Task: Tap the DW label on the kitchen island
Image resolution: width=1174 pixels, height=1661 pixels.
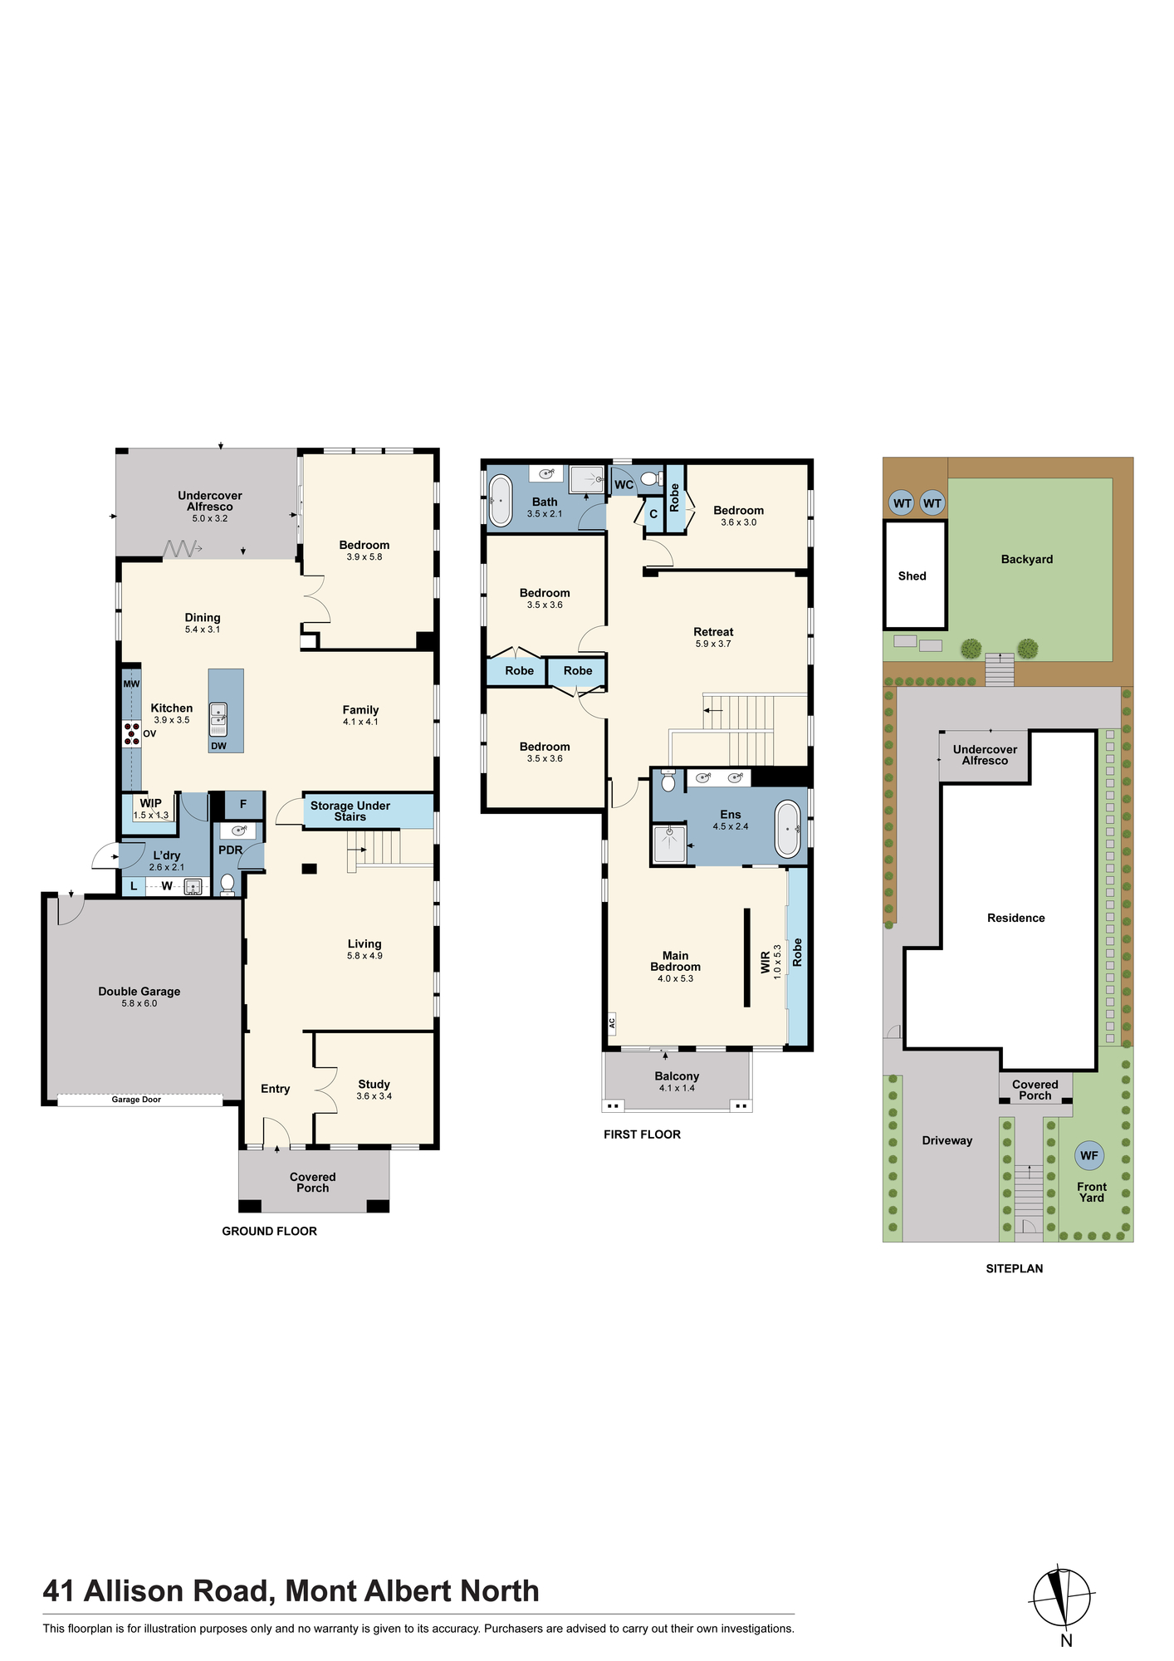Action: pos(218,746)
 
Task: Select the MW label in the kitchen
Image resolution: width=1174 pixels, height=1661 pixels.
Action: pos(131,684)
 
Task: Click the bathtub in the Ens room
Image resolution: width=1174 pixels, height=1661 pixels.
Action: pos(788,830)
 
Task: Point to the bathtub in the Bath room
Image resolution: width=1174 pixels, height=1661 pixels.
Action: pos(501,501)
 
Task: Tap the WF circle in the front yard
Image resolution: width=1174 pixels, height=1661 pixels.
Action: pos(1089,1155)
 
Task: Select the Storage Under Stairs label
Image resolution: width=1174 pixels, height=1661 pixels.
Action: pos(350,811)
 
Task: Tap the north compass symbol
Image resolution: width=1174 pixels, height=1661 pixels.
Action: pos(1062,1597)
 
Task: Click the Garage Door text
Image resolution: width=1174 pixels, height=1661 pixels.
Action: pos(136,1100)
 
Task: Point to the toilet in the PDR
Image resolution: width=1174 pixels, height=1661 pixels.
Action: pos(227,884)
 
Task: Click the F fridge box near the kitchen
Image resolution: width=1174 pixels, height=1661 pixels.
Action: pos(244,805)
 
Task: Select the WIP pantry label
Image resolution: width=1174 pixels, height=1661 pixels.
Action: pos(150,803)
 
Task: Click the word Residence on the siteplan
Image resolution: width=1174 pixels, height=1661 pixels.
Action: pos(1016,918)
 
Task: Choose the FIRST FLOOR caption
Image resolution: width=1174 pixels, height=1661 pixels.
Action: pos(642,1134)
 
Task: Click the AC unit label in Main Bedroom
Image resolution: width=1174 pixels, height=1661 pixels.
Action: pos(612,1022)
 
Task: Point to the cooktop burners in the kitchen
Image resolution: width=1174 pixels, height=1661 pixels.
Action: pos(131,734)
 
